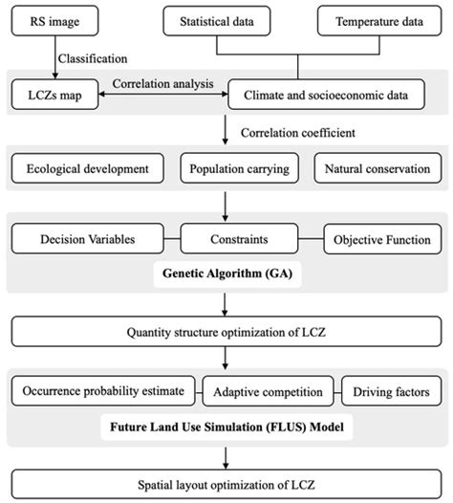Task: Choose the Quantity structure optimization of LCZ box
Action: [226, 334]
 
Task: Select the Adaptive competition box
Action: [258, 391]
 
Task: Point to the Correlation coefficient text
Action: [297, 130]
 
